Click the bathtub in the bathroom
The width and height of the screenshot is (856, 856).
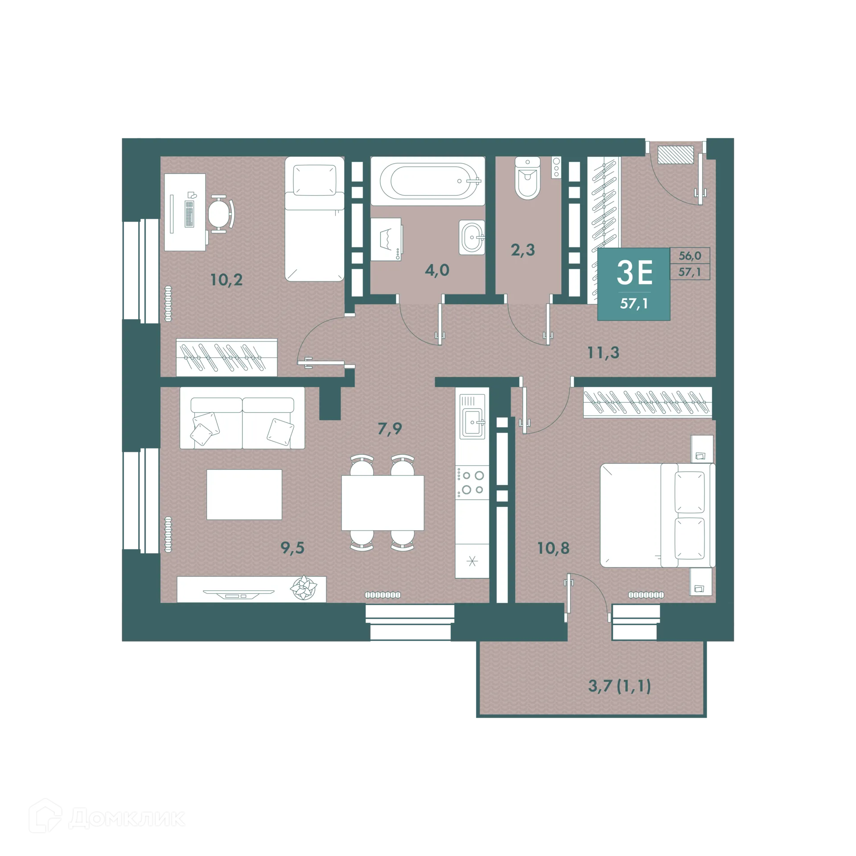(x=428, y=181)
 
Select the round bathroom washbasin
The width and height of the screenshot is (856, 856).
(x=472, y=237)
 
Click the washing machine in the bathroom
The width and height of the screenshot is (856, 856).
(x=387, y=239)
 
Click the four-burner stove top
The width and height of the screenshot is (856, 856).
(x=472, y=482)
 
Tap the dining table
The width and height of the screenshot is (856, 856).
(x=383, y=502)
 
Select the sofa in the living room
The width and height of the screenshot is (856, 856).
(x=242, y=418)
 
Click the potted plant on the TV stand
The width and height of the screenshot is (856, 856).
(x=303, y=588)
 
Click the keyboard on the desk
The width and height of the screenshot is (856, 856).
(x=189, y=214)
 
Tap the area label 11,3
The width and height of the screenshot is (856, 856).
(x=603, y=353)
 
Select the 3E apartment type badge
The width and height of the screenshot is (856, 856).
(x=634, y=284)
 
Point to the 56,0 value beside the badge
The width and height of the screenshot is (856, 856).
(x=690, y=256)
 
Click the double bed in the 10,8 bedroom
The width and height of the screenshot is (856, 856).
(x=658, y=515)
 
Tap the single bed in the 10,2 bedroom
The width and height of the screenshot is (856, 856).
(x=315, y=218)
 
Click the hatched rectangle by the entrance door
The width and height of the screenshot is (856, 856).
(x=676, y=154)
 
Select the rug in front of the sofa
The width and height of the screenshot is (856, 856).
(x=244, y=494)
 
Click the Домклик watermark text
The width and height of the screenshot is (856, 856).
(x=127, y=819)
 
